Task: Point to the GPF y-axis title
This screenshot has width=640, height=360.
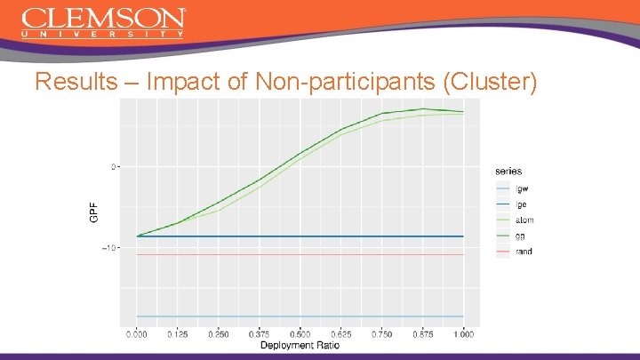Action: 94,212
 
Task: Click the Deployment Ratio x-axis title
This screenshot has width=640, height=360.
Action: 300,345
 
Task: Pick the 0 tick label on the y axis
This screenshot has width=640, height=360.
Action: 113,166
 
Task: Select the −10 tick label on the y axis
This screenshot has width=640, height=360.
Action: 109,248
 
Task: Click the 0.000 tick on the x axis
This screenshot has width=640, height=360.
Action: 137,334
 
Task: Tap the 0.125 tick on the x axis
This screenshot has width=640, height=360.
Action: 178,334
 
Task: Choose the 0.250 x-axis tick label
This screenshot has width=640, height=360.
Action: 219,334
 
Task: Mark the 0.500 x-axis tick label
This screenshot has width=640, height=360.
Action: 300,334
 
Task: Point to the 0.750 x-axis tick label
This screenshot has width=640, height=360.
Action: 382,334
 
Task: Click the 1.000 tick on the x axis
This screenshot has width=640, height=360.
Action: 464,334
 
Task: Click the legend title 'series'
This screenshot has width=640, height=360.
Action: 508,171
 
